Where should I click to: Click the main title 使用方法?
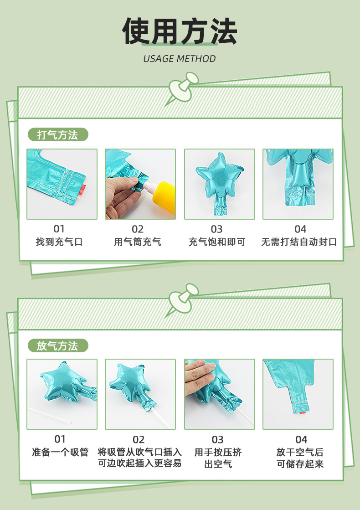pos(180,31)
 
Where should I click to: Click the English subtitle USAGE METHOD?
pos(180,59)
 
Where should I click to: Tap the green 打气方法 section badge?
pos(58,134)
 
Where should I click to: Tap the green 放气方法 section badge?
pos(58,345)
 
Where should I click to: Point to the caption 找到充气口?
pos(59,242)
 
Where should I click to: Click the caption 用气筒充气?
pos(138,242)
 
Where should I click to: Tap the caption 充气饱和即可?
pos(217,242)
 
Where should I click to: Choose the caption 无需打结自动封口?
pos(299,242)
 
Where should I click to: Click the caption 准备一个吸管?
pos(60,452)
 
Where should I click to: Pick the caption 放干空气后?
pos(300,452)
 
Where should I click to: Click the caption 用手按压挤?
pos(218,452)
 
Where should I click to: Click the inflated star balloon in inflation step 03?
pos(220,182)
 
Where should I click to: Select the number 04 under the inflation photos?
pos(300,229)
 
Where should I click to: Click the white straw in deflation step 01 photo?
pos(49,415)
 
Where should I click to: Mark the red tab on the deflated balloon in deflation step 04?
pos(303,413)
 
